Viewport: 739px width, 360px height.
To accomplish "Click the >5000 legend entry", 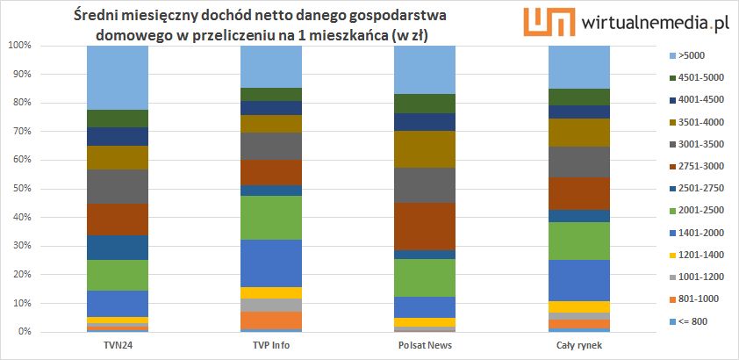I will point(688,55).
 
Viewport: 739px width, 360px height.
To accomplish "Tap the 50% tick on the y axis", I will point(20,189).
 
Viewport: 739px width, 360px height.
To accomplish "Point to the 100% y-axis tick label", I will point(18,45).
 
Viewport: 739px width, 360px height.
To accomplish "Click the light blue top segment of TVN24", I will point(117,77).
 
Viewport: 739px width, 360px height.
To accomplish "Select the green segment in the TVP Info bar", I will point(271,218).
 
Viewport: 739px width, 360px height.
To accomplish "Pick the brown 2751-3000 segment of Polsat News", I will point(425,227).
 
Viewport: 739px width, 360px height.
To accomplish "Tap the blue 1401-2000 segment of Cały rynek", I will point(579,280).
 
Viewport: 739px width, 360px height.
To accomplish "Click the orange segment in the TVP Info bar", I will point(271,320).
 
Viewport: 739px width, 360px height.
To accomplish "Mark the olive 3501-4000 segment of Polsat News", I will point(425,149).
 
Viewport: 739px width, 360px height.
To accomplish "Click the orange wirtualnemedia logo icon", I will point(542,23).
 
